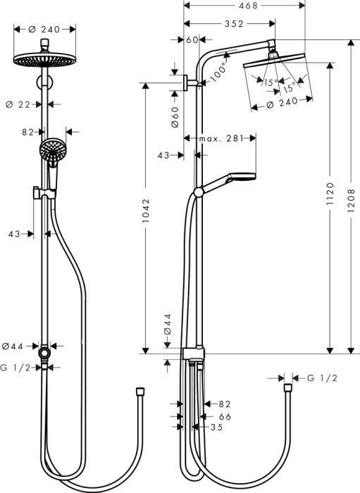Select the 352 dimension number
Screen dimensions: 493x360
click(x=230, y=23)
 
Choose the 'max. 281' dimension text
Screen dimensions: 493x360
click(x=220, y=138)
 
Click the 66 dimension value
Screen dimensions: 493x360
click(x=225, y=416)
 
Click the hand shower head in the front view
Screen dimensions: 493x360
click(x=50, y=149)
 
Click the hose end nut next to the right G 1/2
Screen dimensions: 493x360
click(x=287, y=387)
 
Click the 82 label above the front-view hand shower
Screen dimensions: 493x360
click(x=27, y=131)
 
